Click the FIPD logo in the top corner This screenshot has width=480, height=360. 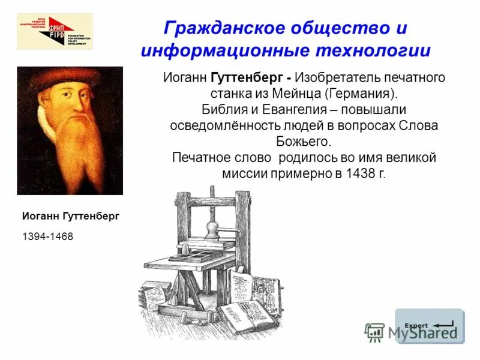point(55,31)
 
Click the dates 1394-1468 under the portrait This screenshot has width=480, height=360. point(47,236)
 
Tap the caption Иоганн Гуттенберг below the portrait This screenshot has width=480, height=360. point(71,216)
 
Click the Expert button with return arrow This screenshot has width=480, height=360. point(429,326)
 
